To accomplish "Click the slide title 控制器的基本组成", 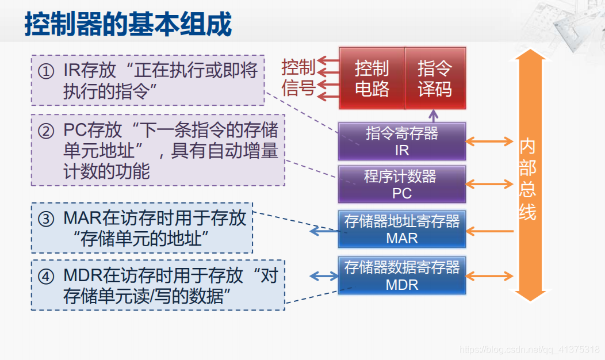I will [x=128, y=25].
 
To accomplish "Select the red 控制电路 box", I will [x=372, y=78].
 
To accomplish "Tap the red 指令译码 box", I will [x=435, y=78].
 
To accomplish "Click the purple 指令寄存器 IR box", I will [x=402, y=141].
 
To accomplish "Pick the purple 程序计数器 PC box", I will [x=402, y=184].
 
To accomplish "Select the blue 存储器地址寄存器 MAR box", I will [x=402, y=229].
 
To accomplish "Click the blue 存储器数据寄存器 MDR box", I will [x=402, y=275].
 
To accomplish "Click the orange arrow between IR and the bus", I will [x=489, y=141].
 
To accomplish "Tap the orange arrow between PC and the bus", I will [x=489, y=184].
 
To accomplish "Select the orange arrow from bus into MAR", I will [x=489, y=231].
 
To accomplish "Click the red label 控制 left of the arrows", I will [x=298, y=67].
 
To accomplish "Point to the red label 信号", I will [x=298, y=88].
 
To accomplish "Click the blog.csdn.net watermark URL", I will [x=530, y=350].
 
